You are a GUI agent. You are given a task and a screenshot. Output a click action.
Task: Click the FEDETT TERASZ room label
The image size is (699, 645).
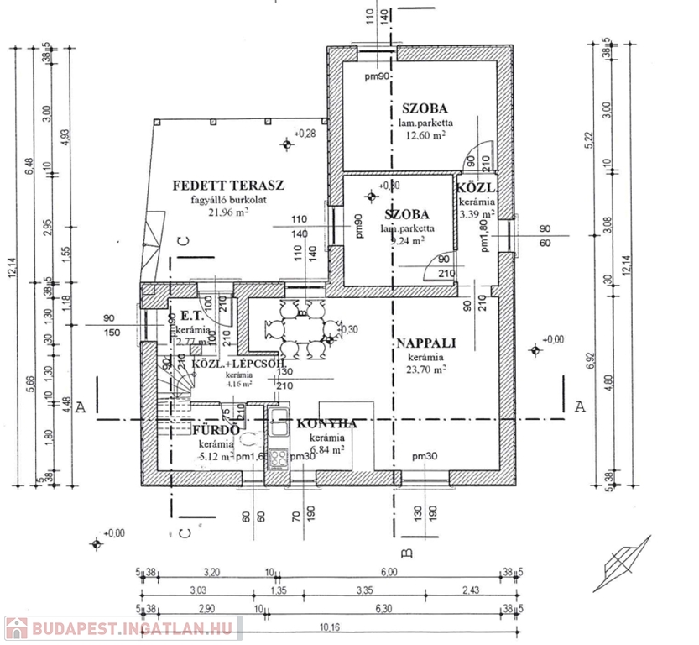(229, 186)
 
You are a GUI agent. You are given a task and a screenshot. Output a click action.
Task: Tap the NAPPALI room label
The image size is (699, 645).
(425, 343)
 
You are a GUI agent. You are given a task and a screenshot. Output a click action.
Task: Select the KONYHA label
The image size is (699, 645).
(326, 424)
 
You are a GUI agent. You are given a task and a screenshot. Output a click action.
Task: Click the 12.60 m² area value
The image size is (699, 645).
(425, 135)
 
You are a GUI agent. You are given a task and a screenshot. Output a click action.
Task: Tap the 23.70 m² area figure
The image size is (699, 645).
(427, 368)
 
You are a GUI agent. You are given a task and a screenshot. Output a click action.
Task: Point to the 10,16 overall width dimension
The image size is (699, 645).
(329, 626)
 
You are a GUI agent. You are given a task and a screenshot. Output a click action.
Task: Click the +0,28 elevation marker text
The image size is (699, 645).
(305, 134)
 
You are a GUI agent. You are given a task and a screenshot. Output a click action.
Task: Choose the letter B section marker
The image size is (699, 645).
(406, 552)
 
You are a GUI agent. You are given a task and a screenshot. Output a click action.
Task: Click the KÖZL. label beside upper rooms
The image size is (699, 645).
(474, 188)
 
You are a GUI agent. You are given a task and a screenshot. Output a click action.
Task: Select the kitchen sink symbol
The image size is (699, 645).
(279, 427)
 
